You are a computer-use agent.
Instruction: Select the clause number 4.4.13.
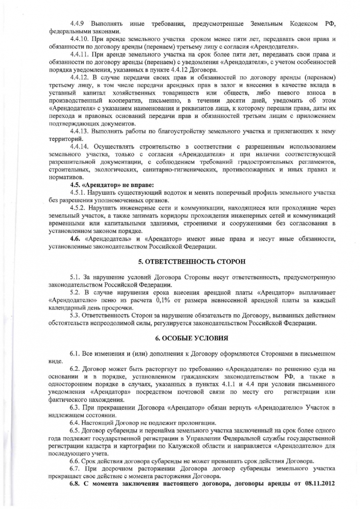click(80, 131)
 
